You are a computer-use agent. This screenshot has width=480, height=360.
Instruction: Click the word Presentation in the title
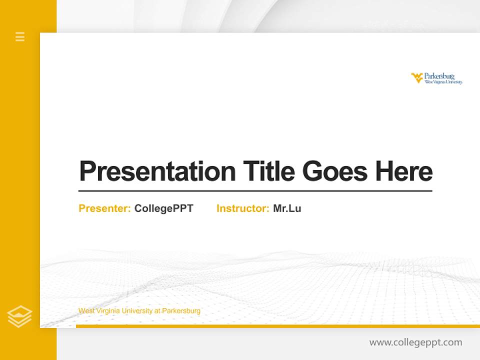point(157,171)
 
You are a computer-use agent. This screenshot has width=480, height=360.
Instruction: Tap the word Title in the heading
point(268,171)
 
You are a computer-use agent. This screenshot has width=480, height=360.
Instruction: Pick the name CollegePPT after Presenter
point(163,208)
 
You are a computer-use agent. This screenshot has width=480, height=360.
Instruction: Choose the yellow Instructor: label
point(242,208)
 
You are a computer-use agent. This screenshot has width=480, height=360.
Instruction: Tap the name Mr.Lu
point(287,208)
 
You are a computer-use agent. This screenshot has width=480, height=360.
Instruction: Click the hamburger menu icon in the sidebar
point(20,36)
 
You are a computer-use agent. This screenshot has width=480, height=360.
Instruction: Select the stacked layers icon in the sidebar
point(19,316)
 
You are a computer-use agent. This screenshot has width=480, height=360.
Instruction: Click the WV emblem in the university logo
point(417,77)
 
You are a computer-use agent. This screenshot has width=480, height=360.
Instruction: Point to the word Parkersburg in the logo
point(439,76)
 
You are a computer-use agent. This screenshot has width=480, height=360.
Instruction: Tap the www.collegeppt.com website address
point(415,342)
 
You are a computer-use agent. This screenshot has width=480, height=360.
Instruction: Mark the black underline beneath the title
point(255,191)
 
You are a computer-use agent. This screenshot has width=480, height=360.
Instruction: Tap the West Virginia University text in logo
point(443,82)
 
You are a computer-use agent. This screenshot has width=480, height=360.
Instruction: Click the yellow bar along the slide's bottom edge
point(277,326)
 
